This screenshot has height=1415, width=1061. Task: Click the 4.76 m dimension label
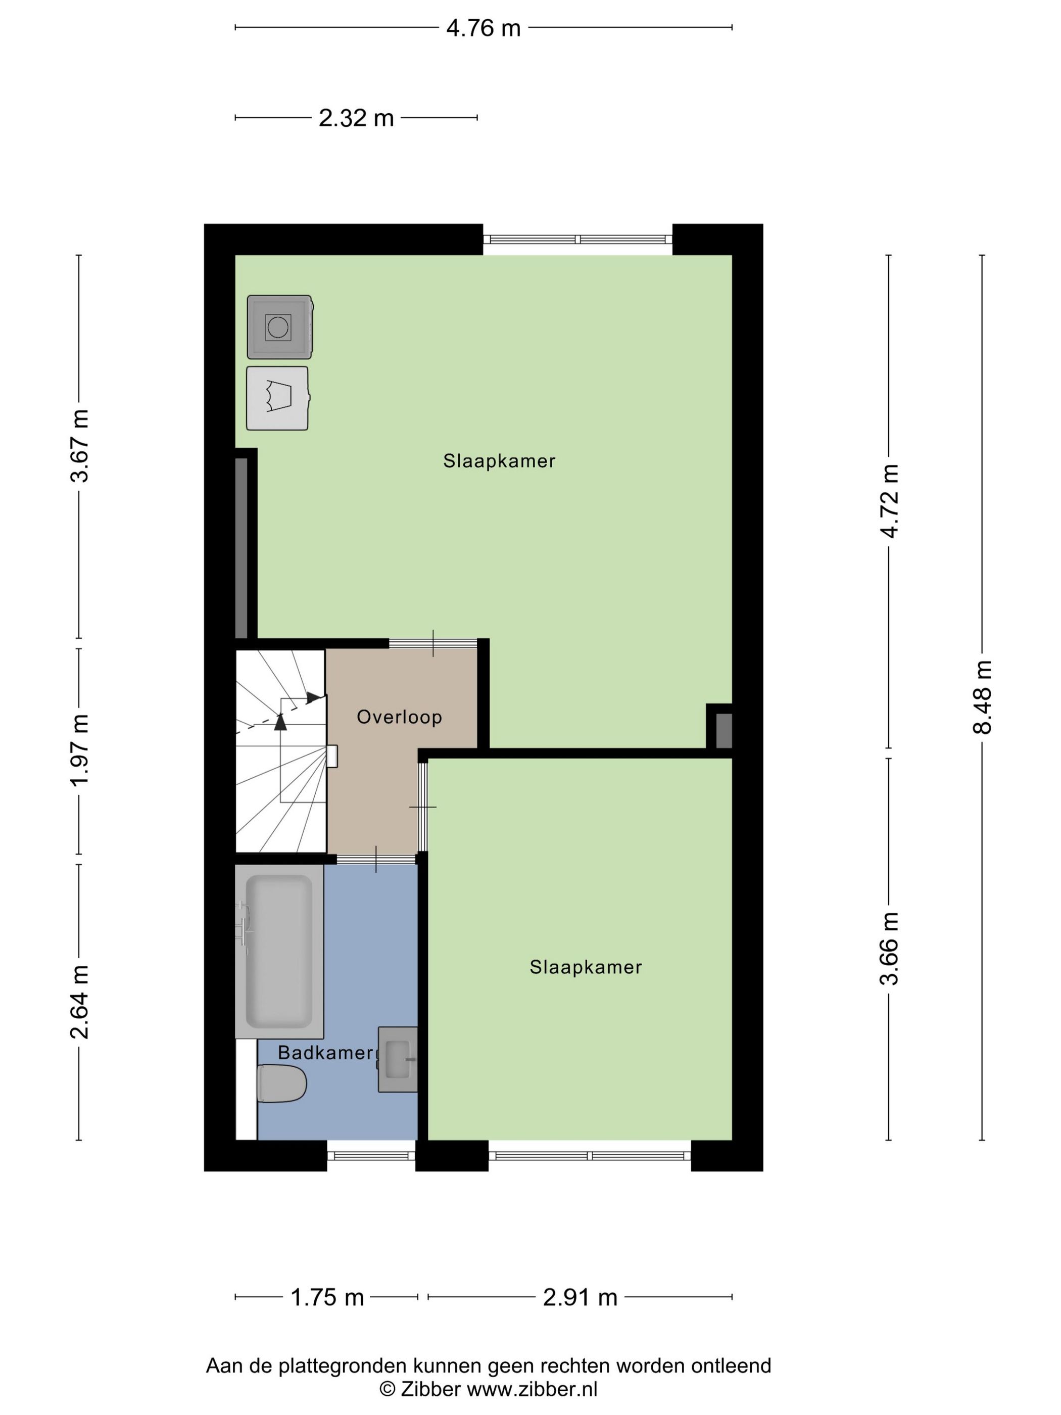pyautogui.click(x=483, y=28)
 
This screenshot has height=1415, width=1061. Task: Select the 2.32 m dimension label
pyautogui.click(x=356, y=118)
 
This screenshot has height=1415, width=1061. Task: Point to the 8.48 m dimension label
pyautogui.click(x=982, y=697)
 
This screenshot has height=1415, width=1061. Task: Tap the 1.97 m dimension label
pyautogui.click(x=80, y=750)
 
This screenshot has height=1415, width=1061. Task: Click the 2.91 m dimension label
pyautogui.click(x=580, y=1297)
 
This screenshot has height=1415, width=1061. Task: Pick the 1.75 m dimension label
pyautogui.click(x=327, y=1297)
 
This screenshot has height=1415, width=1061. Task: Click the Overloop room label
pyautogui.click(x=399, y=717)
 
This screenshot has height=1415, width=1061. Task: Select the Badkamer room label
pyautogui.click(x=325, y=1052)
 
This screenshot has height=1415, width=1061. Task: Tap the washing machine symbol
pyautogui.click(x=279, y=327)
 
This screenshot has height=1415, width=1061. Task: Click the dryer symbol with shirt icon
pyautogui.click(x=277, y=398)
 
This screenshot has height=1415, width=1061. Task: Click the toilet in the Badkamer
pyautogui.click(x=281, y=1083)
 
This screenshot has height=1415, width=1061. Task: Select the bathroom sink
pyautogui.click(x=397, y=1059)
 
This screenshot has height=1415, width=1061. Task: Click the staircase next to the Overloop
pyautogui.click(x=280, y=751)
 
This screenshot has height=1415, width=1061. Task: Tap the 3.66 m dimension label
pyautogui.click(x=889, y=949)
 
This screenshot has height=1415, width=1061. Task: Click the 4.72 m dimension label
pyautogui.click(x=889, y=501)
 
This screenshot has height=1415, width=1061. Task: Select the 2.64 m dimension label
pyautogui.click(x=80, y=1002)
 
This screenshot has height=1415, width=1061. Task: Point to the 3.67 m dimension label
pyautogui.click(x=80, y=446)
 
